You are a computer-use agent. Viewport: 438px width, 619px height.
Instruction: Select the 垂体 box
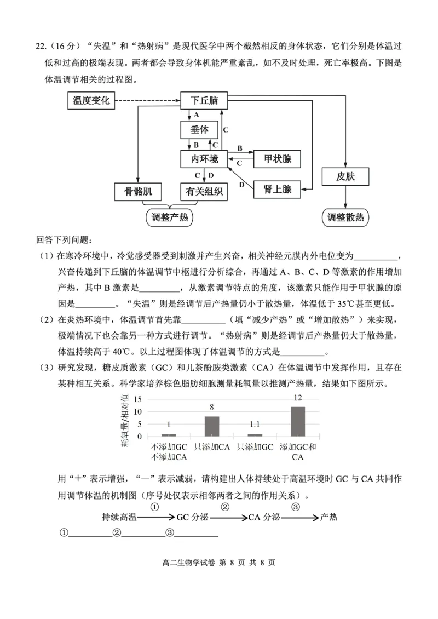(200, 129)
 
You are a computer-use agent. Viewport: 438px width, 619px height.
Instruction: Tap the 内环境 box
(204, 159)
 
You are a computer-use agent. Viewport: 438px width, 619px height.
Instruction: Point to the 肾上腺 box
(277, 190)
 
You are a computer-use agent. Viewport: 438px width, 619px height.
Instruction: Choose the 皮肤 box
(345, 177)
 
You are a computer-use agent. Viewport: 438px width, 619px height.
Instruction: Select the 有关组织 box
(204, 192)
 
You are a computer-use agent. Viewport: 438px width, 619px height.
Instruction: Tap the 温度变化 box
(91, 100)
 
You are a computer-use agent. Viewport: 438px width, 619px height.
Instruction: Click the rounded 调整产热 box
(169, 217)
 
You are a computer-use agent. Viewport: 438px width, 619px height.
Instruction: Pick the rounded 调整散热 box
(345, 217)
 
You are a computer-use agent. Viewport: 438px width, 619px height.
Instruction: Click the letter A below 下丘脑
(196, 115)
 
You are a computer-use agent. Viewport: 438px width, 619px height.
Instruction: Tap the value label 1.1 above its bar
(255, 425)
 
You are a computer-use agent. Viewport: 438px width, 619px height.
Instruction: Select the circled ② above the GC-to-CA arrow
(225, 506)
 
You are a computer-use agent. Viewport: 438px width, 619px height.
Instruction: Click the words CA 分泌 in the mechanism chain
(264, 517)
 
